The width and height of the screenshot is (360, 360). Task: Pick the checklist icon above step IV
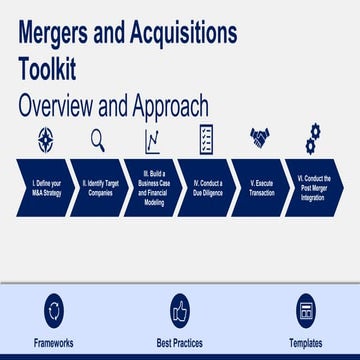[x=204, y=139]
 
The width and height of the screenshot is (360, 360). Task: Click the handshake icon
[x=259, y=138]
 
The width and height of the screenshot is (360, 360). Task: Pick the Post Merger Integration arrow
[x=314, y=187]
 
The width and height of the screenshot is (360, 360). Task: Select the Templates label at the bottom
[x=306, y=343]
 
